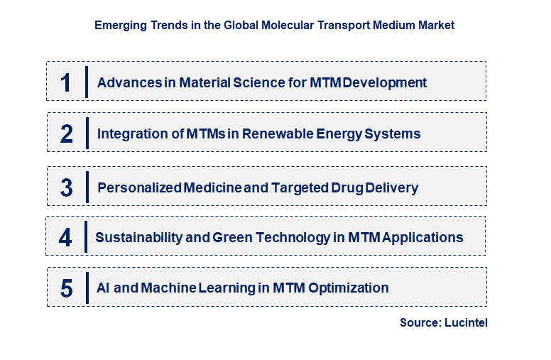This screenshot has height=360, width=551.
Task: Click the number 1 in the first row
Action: (x=66, y=82)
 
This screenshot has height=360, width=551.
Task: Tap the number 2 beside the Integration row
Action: (x=67, y=133)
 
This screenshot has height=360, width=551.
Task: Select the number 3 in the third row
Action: (x=67, y=188)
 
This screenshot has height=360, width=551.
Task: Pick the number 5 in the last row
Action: (x=67, y=288)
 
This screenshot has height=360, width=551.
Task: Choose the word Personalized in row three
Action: (x=139, y=188)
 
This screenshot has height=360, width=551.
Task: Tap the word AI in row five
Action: (x=103, y=288)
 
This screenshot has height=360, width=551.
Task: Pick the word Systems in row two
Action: (x=394, y=133)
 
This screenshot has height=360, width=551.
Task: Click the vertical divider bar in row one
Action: (x=87, y=82)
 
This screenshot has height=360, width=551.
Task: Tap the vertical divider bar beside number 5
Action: (x=87, y=287)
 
